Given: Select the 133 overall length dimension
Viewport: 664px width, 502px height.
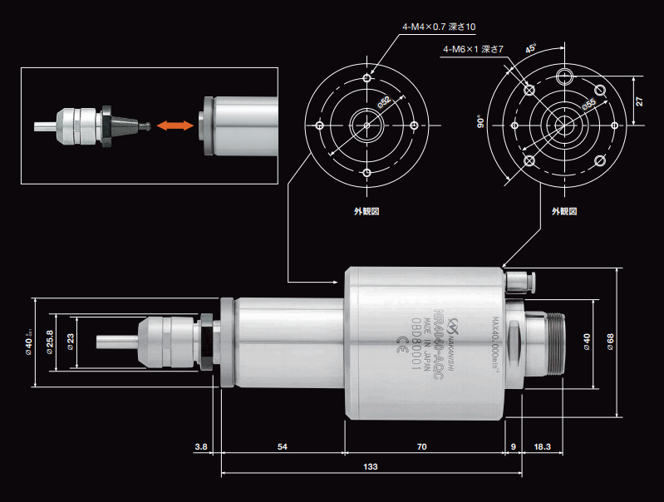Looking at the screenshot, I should tap(370, 468).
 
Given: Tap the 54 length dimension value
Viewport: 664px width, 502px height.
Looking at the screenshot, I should tap(283, 447).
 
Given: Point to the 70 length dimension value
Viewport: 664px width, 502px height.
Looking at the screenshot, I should tap(421, 447).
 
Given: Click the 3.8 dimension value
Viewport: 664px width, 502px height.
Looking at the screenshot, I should tap(200, 447).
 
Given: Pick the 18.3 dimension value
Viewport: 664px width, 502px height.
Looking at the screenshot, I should tap(542, 447).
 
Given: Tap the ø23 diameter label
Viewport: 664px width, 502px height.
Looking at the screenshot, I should tap(71, 342).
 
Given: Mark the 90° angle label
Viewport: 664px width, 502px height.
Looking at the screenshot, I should tap(480, 124).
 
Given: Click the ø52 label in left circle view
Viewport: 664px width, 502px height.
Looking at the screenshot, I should tap(384, 102).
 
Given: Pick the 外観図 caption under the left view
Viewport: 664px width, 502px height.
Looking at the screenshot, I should tap(366, 211).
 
